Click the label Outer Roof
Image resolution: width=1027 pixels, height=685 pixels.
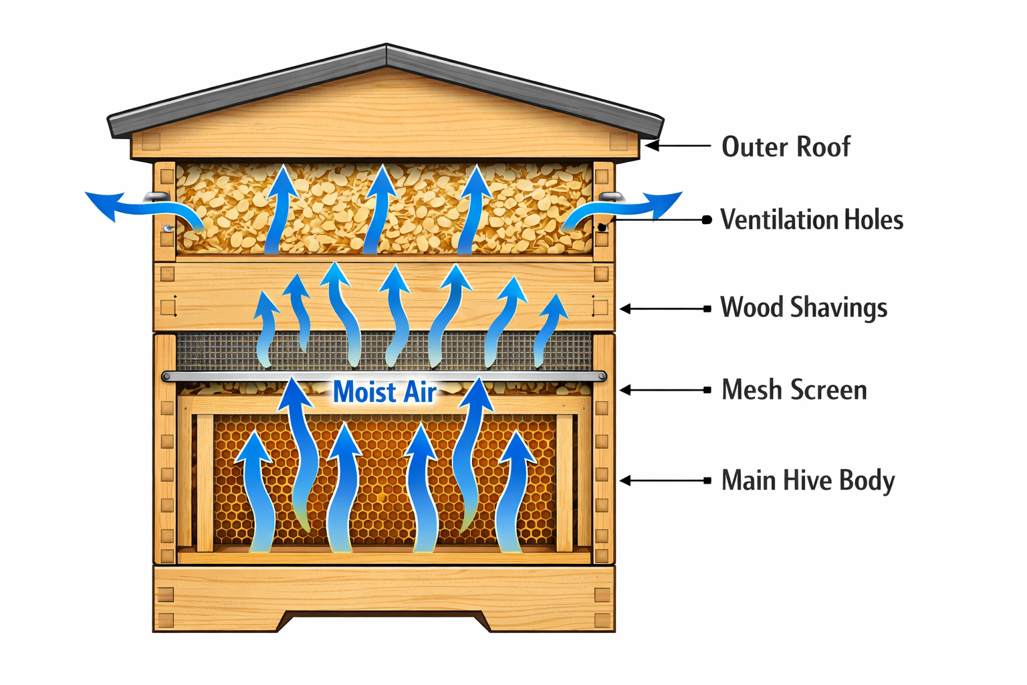786,146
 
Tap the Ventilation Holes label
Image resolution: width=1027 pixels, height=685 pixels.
812,219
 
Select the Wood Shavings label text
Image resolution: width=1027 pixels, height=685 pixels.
804,308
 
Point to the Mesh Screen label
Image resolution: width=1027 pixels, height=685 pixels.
794,390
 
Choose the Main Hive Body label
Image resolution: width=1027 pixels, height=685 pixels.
808,480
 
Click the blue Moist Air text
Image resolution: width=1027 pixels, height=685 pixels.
384,392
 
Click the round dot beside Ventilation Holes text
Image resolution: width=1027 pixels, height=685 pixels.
707,219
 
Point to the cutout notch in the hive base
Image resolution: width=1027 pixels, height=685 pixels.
384,619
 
